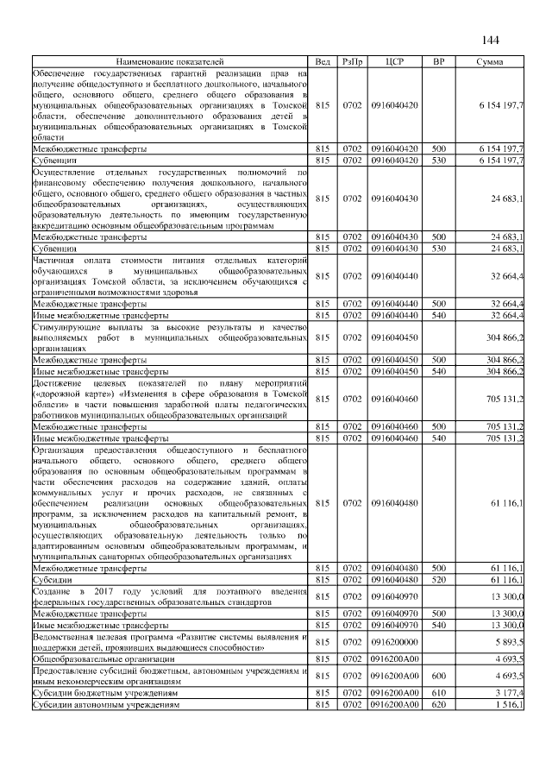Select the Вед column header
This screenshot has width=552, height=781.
click(323, 62)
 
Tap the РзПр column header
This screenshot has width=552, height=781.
click(352, 62)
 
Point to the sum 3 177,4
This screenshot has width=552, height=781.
click(508, 693)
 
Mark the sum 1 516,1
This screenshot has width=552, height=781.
click(508, 705)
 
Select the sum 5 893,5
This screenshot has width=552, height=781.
click(508, 642)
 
